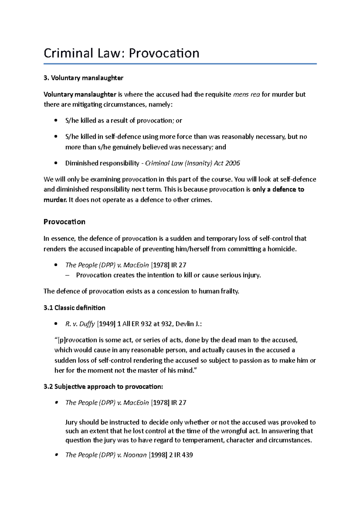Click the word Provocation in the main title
pyautogui.click(x=164, y=53)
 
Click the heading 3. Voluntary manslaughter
pyautogui.click(x=83, y=78)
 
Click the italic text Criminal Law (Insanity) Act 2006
pyautogui.click(x=193, y=163)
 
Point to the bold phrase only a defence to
pyautogui.click(x=278, y=189)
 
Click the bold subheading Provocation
pyautogui.click(x=64, y=222)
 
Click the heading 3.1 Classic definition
pyautogui.click(x=74, y=308)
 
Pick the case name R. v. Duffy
pyautogui.click(x=80, y=324)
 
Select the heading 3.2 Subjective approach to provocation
pyautogui.click(x=103, y=387)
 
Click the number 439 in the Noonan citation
pyautogui.click(x=187, y=455)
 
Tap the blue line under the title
pyautogui.click(x=180, y=64)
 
